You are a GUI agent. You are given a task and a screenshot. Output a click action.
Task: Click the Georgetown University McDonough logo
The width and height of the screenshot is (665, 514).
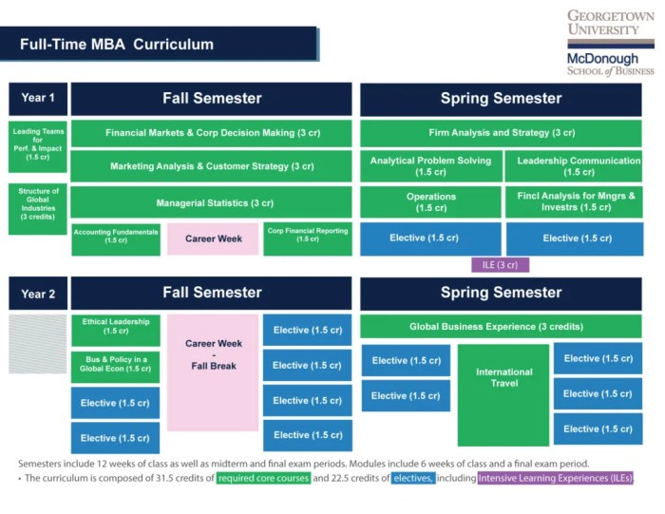coord(610,43)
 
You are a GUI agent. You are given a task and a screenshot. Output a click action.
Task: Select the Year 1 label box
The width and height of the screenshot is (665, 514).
coord(38,98)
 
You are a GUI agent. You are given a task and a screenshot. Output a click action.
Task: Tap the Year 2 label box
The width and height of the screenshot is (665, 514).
coord(38,294)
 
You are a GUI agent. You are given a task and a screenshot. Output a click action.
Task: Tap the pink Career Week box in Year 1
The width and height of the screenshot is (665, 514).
coord(213,239)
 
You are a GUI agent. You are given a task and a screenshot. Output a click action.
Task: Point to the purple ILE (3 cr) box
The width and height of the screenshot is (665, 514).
coord(500,265)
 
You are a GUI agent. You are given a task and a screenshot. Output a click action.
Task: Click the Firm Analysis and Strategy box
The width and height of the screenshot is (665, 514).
coord(501,133)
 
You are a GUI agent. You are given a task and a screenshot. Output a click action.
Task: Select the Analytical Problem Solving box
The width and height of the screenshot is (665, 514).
coord(430,166)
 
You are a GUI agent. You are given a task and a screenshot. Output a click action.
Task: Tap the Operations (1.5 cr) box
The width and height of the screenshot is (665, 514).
coord(430,202)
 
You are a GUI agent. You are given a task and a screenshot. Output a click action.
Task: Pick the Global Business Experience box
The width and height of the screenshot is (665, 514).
coord(501,327)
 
